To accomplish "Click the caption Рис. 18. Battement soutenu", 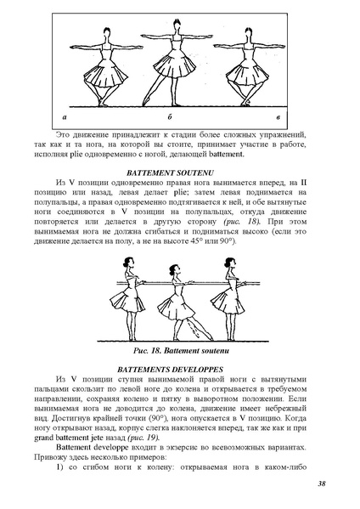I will tap(180, 349).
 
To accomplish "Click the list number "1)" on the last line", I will tap(62, 464).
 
